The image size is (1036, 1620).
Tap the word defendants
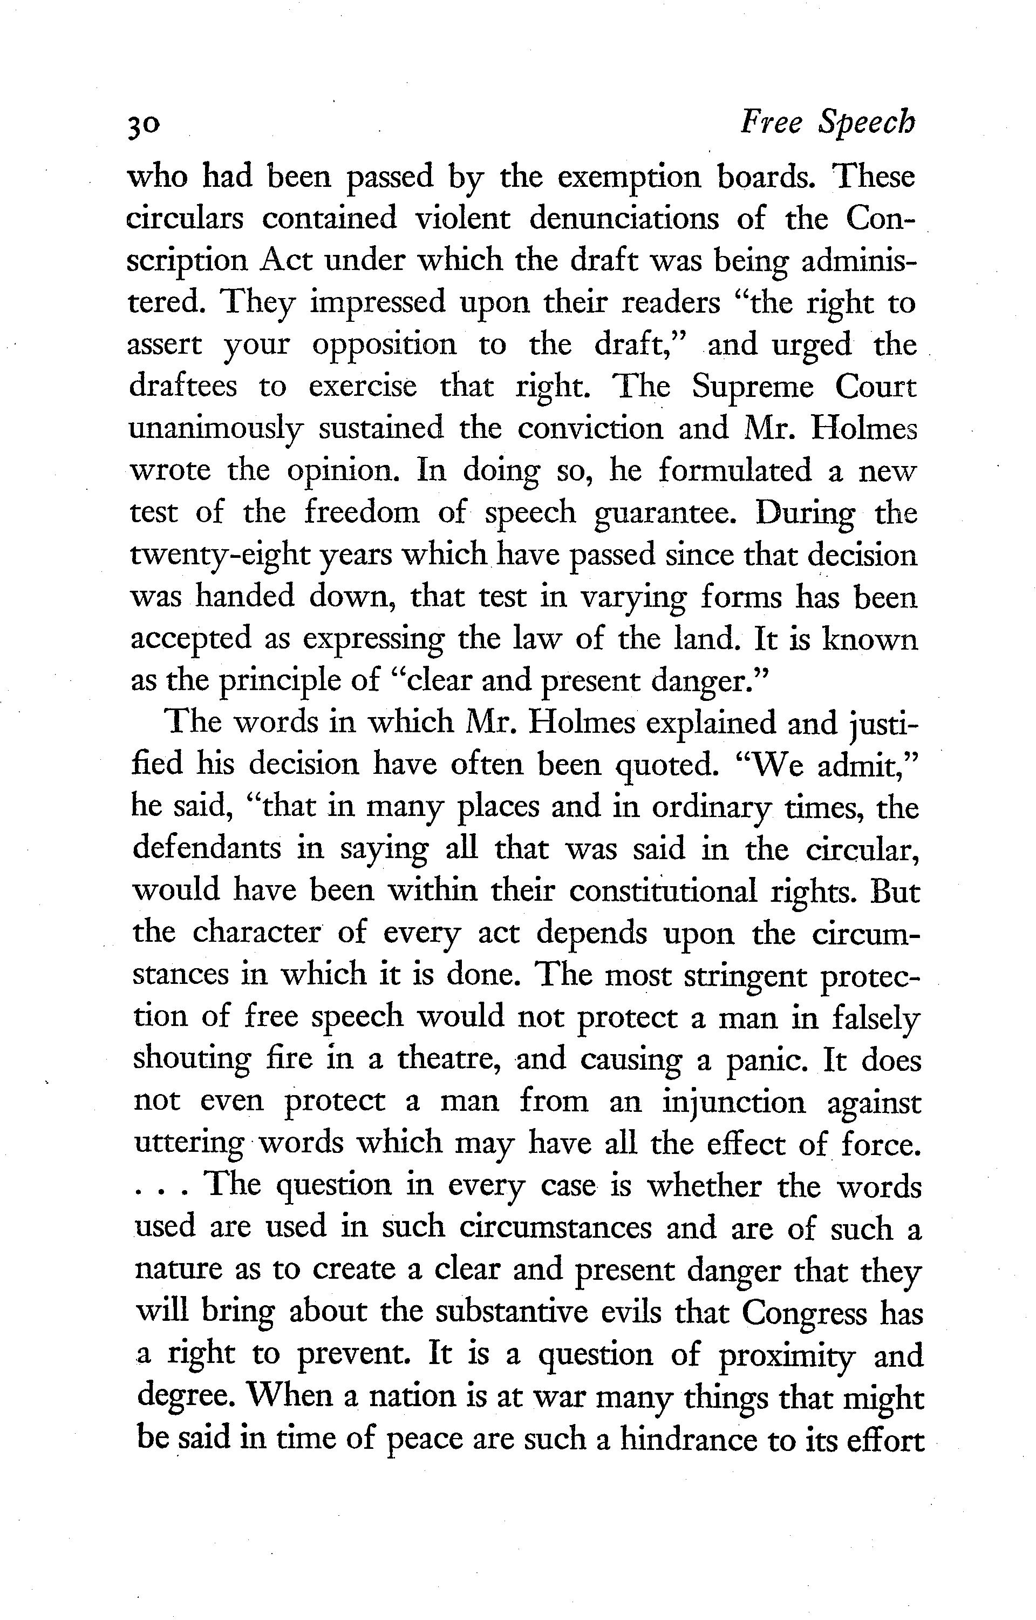coord(207,849)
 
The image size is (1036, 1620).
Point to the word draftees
coord(182,387)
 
